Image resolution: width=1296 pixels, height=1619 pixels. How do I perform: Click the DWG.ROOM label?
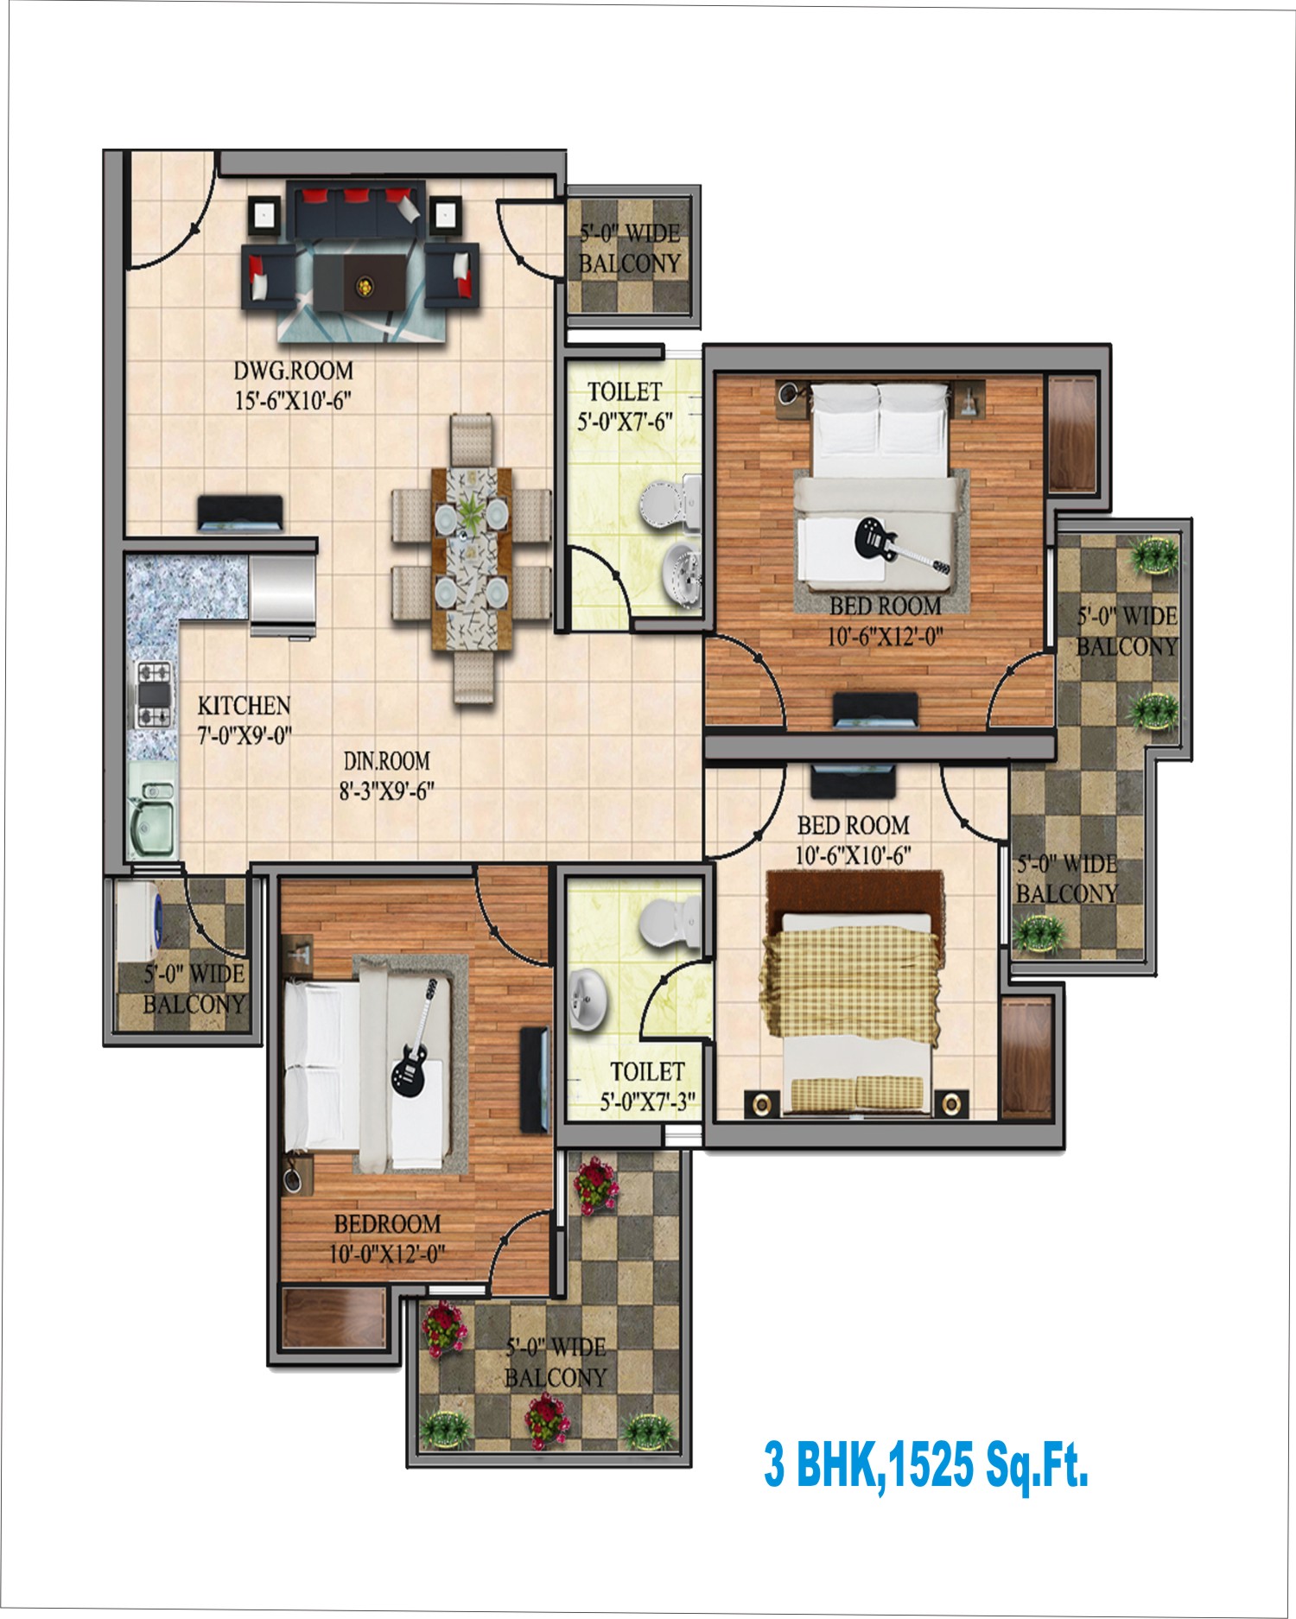tap(293, 371)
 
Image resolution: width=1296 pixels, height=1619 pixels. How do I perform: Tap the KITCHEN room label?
tap(244, 706)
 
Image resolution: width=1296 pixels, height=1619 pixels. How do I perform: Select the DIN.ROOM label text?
tap(386, 761)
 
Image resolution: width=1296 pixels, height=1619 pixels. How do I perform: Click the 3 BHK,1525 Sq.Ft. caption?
tap(925, 1463)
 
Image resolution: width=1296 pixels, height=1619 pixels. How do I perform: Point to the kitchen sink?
tap(153, 815)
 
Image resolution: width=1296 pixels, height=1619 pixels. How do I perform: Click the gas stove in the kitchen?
tap(153, 693)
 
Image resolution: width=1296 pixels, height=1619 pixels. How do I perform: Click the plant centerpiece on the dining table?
tap(470, 514)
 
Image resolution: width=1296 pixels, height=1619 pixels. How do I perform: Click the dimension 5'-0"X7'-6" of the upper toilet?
tap(625, 422)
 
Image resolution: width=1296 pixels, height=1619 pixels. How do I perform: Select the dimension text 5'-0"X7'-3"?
tap(648, 1102)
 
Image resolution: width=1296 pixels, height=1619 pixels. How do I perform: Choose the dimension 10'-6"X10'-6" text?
tap(853, 855)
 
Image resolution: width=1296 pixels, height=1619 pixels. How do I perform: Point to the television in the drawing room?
tap(240, 513)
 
